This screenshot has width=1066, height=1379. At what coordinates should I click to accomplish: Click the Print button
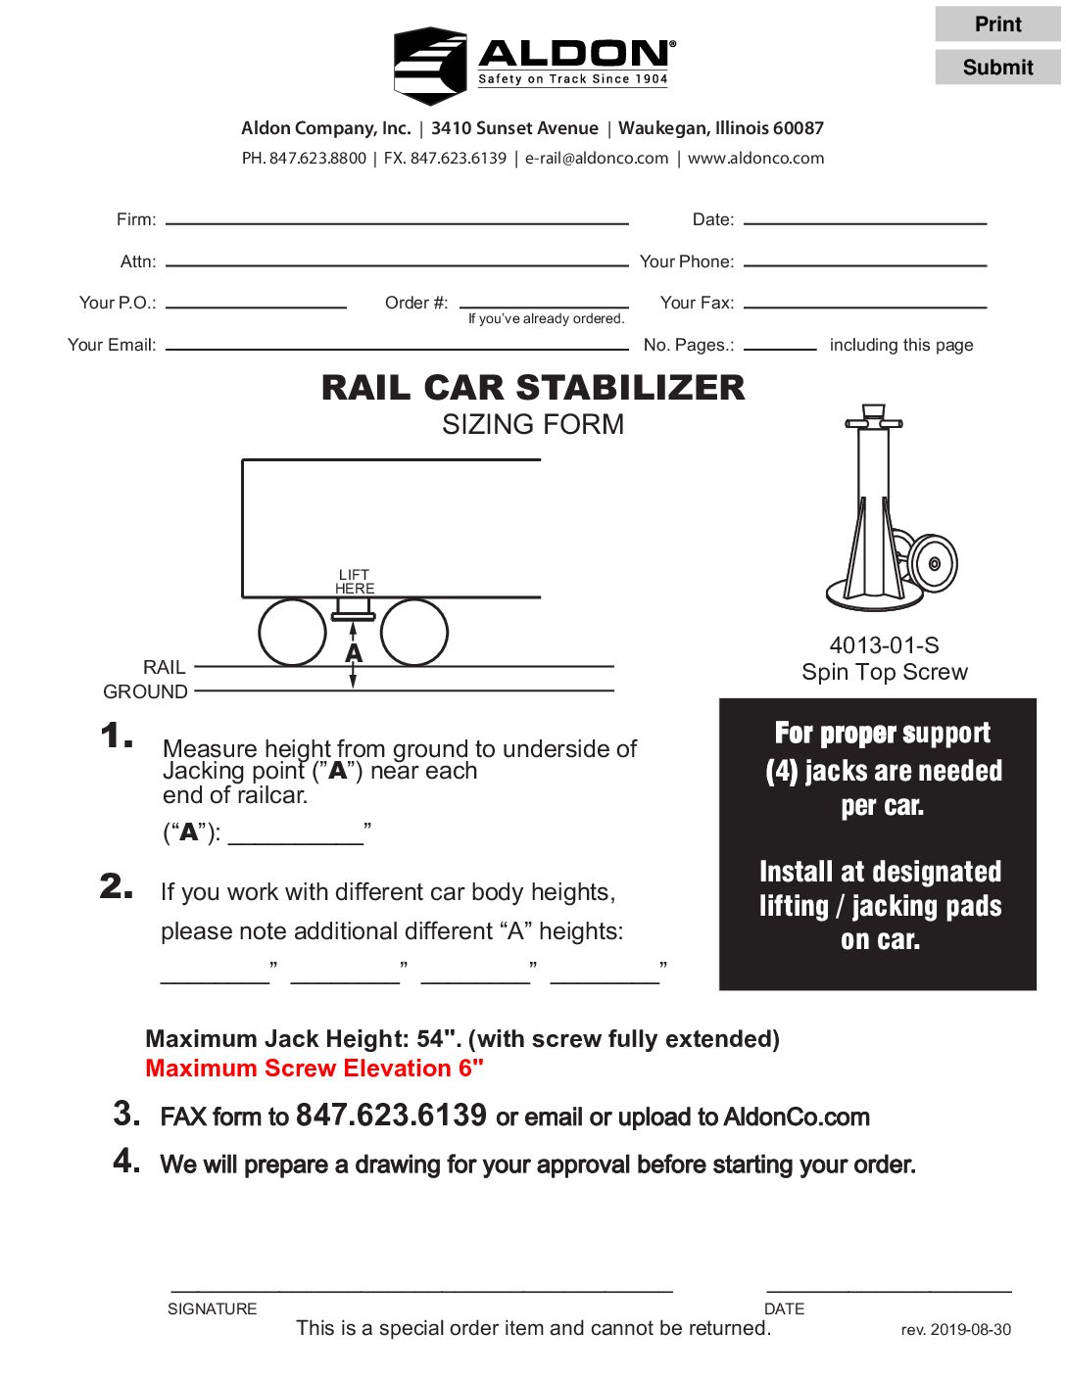pos(997,24)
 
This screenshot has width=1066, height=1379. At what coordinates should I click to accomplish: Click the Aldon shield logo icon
pos(430,67)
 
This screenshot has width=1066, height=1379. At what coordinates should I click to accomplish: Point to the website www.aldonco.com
pos(755,159)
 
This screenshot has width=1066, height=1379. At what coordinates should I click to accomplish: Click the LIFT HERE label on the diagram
pos(354,582)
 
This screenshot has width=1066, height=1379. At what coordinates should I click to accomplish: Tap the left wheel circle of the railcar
pos(292,633)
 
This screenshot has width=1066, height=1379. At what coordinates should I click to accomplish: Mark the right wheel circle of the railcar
pos(414,633)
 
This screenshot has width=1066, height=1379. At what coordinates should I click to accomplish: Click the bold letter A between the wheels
pos(354,653)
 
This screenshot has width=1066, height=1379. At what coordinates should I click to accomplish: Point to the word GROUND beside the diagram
pos(145,691)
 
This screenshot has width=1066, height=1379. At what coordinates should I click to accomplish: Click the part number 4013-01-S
pos(884,645)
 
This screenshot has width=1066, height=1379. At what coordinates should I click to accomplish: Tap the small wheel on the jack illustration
pos(932,563)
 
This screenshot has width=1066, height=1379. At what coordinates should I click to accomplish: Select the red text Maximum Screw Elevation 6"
pos(315,1069)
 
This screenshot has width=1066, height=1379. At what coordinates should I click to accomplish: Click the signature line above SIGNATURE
pos(421,1287)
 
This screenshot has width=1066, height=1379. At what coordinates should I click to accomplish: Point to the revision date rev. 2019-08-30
pos(955,1330)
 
